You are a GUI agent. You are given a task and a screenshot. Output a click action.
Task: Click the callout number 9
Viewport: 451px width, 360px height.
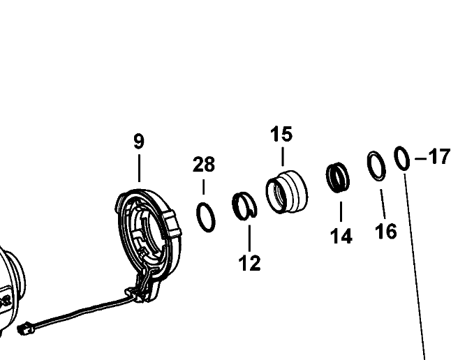click(x=139, y=142)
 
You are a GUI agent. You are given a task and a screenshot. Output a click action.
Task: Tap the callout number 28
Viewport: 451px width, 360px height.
click(x=204, y=165)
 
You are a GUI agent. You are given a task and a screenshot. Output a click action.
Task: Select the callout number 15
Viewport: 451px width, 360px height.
click(x=282, y=134)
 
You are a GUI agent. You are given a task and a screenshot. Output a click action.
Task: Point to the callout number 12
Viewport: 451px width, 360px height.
click(x=249, y=263)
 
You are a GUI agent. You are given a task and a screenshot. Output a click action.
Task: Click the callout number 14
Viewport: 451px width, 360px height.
click(x=341, y=237)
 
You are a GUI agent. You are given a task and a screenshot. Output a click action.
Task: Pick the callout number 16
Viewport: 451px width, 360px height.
click(x=385, y=231)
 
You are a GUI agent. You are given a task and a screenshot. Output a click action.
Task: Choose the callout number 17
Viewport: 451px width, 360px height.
click(x=438, y=157)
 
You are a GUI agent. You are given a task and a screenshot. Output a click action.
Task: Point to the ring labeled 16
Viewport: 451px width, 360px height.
click(x=376, y=165)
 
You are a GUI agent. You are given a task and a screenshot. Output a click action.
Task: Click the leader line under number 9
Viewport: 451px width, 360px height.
click(x=139, y=167)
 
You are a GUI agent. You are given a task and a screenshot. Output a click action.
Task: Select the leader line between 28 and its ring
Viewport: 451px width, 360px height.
click(x=204, y=187)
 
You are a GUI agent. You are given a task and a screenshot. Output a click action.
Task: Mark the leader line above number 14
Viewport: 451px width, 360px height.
click(x=341, y=211)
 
